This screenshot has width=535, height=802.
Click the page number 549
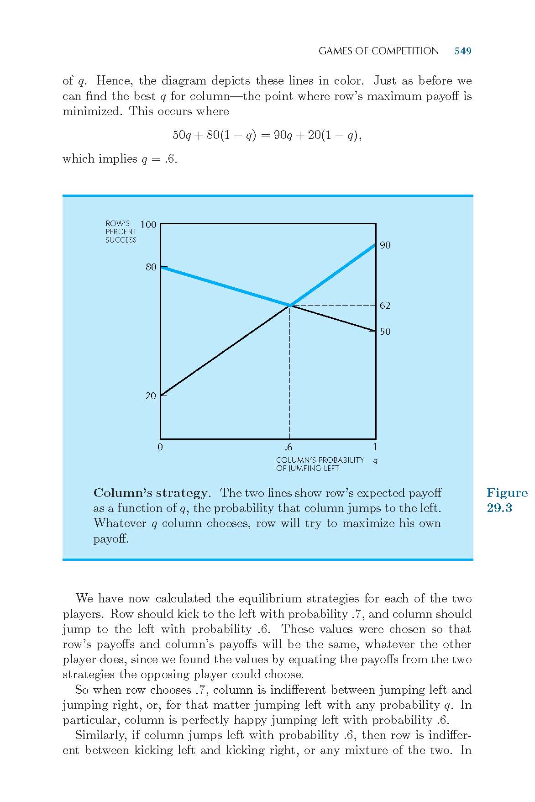[462, 51]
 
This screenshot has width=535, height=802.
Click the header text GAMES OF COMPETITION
[378, 51]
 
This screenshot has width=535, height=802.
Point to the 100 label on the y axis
[148, 225]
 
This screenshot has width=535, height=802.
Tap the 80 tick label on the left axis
[151, 267]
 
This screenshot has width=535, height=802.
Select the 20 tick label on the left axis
[151, 396]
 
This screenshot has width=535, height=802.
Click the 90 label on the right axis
[385, 246]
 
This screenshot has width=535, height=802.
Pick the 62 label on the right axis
[385, 306]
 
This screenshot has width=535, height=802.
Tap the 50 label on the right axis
[385, 332]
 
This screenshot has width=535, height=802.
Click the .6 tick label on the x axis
[288, 447]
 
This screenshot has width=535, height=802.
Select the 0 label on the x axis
[160, 447]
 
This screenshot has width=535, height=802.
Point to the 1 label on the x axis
[375, 447]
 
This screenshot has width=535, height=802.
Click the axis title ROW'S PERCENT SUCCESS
[121, 232]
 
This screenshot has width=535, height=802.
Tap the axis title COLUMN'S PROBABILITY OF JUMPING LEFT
[320, 464]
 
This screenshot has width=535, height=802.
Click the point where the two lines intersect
[289, 305]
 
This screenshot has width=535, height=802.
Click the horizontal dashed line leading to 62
[333, 305]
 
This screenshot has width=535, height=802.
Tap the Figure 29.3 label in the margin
[507, 500]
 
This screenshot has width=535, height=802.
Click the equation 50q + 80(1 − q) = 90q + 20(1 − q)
[267, 136]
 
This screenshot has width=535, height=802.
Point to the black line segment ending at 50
[333, 318]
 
